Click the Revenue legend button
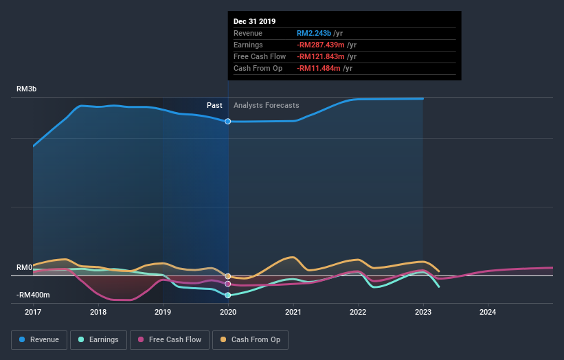[41, 339]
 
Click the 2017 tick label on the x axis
[33, 312]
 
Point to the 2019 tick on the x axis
[163, 312]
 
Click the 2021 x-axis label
[293, 312]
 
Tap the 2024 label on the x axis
[488, 312]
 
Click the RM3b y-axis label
[27, 89]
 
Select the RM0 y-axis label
[25, 267]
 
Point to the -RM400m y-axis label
[34, 295]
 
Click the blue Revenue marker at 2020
[228, 121]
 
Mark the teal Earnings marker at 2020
[228, 295]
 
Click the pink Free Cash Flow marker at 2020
[228, 284]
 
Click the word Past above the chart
[214, 105]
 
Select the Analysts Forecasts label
[267, 105]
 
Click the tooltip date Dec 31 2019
[255, 21]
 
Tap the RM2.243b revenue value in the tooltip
[314, 33]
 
